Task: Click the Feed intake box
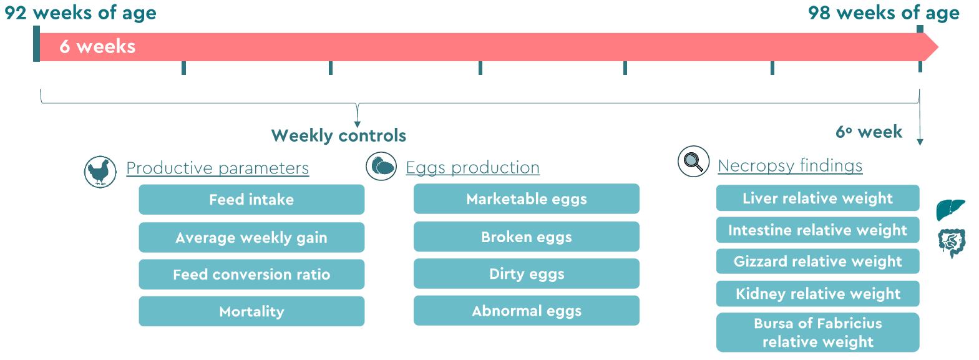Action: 251,199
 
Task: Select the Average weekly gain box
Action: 251,237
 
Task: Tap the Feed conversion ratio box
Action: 251,275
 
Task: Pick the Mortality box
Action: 251,311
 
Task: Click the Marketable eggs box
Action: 526,199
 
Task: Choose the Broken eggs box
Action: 526,236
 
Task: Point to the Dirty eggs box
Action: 526,273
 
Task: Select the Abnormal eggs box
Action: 526,311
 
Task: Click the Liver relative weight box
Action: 818,198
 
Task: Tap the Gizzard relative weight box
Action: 818,261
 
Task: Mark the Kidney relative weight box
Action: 818,294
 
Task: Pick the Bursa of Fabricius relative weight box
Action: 818,333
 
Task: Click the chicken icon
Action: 100,172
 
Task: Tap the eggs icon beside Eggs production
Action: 381,167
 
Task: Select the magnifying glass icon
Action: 694,161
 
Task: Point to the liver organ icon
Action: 950,210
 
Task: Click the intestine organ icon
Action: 952,243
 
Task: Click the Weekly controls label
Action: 339,135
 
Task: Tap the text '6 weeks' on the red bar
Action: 97,46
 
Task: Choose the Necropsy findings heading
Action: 790,165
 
